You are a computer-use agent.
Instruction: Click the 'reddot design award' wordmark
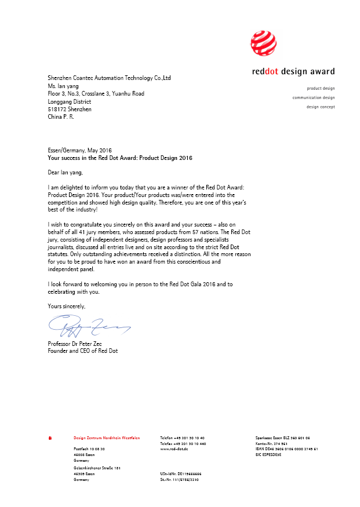click(x=293, y=72)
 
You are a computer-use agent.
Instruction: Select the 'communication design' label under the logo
click(x=314, y=98)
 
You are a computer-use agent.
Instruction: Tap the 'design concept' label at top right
click(x=321, y=107)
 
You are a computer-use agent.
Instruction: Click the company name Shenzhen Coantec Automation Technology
click(x=109, y=78)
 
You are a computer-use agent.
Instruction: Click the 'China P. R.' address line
click(x=61, y=117)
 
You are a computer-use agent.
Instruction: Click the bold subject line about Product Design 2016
click(x=120, y=158)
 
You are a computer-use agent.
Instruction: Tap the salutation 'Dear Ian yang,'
click(x=65, y=172)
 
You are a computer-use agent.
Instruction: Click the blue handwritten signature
click(x=87, y=327)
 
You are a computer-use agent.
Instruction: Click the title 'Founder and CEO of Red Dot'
click(x=82, y=351)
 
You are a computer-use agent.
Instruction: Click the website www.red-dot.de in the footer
click(x=174, y=449)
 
